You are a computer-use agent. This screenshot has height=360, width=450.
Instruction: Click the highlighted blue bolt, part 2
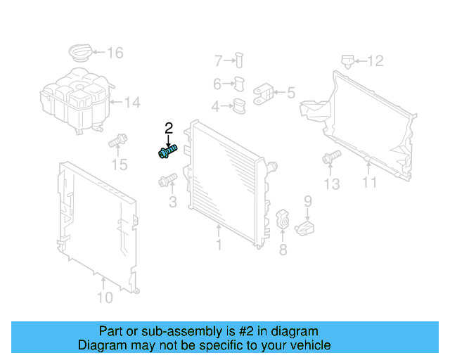[168, 150]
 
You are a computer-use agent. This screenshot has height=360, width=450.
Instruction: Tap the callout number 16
[115, 53]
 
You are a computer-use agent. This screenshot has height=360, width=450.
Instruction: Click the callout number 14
[133, 103]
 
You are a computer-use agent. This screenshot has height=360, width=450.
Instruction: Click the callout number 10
[104, 298]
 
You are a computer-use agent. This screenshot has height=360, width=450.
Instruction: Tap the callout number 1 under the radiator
[219, 245]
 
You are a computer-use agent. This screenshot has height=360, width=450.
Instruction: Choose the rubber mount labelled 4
[239, 107]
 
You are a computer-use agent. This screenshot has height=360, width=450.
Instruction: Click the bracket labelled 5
[264, 94]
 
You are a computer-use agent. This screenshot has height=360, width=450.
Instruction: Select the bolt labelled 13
[329, 159]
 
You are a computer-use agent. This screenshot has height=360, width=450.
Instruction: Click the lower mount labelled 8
[283, 219]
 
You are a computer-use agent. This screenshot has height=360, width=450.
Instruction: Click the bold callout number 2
[169, 128]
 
